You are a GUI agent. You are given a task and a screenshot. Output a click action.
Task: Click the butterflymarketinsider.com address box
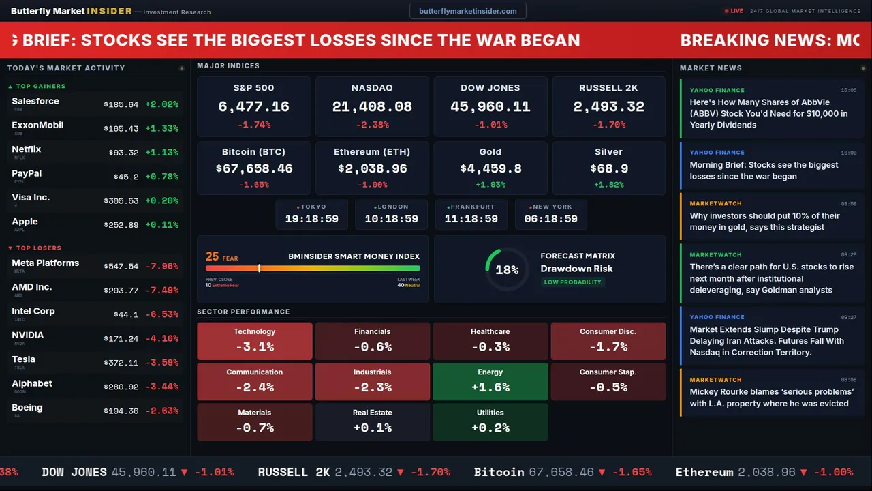click(x=467, y=11)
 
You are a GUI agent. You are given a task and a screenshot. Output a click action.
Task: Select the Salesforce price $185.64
click(x=121, y=104)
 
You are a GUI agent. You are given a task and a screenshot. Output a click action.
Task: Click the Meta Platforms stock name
click(x=45, y=263)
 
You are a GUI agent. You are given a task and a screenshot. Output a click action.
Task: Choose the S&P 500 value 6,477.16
click(x=253, y=107)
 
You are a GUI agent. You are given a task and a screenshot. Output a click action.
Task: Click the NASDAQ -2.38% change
click(x=372, y=125)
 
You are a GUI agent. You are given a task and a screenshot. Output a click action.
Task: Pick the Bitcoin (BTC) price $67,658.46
click(x=253, y=168)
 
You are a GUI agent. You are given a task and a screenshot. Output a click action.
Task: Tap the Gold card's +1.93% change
click(x=490, y=185)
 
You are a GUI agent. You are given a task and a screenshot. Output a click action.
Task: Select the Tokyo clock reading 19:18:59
click(x=311, y=219)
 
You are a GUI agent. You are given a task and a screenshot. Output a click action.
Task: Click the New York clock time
click(x=550, y=219)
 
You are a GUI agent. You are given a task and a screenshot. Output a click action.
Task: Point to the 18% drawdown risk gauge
click(x=507, y=269)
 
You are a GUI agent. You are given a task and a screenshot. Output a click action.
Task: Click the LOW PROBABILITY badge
click(x=572, y=282)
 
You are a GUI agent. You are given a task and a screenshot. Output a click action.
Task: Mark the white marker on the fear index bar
click(x=259, y=268)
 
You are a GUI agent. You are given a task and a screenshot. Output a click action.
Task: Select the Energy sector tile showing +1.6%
click(x=490, y=381)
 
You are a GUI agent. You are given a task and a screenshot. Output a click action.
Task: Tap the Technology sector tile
click(x=254, y=341)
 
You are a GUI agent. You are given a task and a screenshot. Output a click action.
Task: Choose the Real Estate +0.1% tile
click(x=372, y=421)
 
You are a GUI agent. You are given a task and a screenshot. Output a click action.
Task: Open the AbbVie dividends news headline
click(x=768, y=113)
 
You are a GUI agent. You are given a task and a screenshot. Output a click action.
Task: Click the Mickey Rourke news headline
click(x=771, y=398)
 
